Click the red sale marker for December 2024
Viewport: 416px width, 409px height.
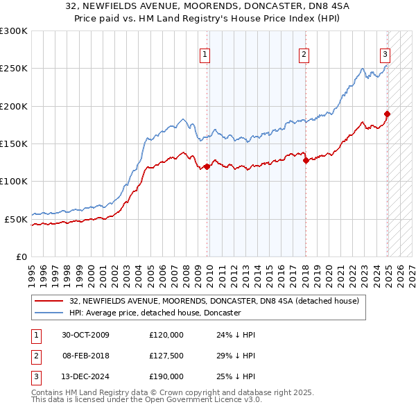pos(387,114)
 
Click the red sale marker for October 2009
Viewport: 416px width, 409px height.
pos(207,166)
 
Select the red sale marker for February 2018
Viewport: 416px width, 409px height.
pos(306,161)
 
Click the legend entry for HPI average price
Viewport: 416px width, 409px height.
pos(155,313)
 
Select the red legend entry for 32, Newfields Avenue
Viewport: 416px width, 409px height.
pos(214,301)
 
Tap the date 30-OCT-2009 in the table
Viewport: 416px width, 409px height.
pos(85,335)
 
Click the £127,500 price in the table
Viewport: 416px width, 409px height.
pos(166,356)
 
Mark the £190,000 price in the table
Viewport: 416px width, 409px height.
pos(166,376)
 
